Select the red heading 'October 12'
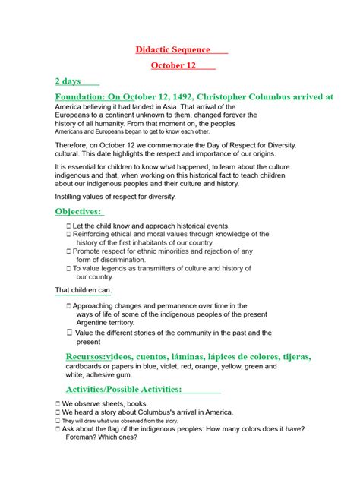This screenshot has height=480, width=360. (x=173, y=66)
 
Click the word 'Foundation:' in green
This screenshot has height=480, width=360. (x=79, y=97)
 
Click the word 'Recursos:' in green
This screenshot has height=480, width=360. (x=87, y=357)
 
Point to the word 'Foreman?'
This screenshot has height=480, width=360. (x=85, y=438)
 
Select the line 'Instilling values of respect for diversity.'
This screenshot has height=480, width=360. (x=115, y=197)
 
